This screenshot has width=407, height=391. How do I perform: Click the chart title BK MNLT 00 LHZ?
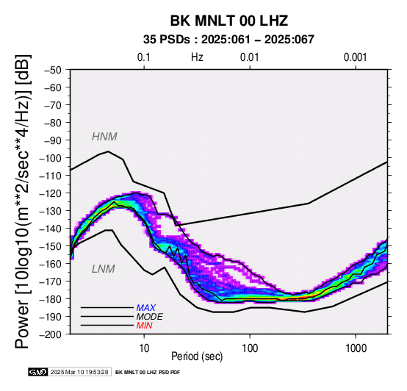(x=229, y=21)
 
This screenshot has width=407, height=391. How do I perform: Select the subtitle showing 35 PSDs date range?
(x=228, y=40)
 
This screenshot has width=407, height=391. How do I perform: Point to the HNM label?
(x=104, y=137)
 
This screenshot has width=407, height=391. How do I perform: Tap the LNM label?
(x=104, y=269)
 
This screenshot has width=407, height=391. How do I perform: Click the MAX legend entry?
(x=146, y=308)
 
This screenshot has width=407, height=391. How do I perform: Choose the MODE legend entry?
(x=150, y=317)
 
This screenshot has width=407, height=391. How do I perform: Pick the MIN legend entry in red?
(x=144, y=326)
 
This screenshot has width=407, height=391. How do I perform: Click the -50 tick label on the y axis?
(x=53, y=70)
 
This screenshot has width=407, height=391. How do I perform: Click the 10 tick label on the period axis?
(x=144, y=348)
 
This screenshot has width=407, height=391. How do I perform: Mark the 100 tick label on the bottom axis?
(x=250, y=348)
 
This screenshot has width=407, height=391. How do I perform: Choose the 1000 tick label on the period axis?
(x=356, y=348)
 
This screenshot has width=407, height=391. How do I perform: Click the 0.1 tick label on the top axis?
(x=144, y=57)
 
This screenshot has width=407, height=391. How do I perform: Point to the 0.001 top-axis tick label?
(x=356, y=57)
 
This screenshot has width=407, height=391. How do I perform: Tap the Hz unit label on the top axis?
(x=197, y=57)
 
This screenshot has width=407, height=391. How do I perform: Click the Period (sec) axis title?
(x=197, y=356)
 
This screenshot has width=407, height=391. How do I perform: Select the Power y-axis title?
(x=22, y=201)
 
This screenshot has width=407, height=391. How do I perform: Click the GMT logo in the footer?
(x=37, y=372)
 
